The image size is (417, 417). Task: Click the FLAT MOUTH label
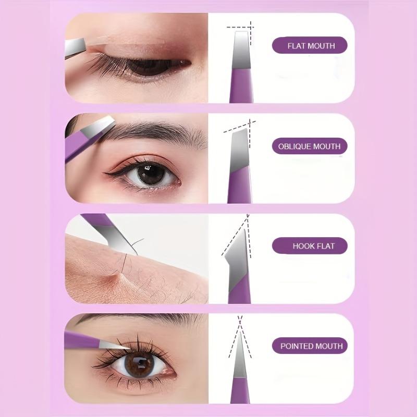[x=311, y=46]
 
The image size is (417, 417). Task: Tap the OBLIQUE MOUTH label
[x=309, y=146]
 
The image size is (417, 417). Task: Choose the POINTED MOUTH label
[x=311, y=346]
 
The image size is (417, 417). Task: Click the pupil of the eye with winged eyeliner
[x=152, y=175]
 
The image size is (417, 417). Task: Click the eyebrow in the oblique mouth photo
[x=156, y=134]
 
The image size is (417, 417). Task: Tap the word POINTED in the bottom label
[x=298, y=346]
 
